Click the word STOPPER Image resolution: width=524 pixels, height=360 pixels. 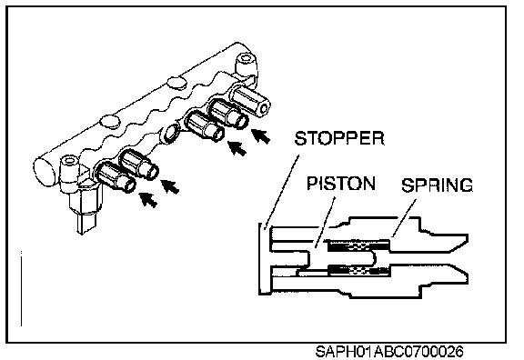click(x=339, y=138)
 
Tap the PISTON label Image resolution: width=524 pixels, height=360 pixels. click(x=341, y=184)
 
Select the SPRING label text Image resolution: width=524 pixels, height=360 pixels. click(x=437, y=185)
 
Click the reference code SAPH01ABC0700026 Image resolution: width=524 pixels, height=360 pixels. click(x=389, y=352)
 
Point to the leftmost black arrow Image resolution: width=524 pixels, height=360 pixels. click(x=148, y=200)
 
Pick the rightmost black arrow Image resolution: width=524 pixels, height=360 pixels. click(x=261, y=136)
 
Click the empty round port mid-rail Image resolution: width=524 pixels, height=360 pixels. click(x=170, y=132)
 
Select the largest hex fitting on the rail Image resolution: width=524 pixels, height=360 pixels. click(x=250, y=101)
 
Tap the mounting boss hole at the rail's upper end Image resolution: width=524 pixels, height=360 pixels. click(x=247, y=59)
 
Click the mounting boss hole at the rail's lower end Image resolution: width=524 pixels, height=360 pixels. click(x=69, y=161)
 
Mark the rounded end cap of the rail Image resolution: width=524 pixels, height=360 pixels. click(x=44, y=170)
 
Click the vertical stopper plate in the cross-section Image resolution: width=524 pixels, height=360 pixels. click(x=265, y=259)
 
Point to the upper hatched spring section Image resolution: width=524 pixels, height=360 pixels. click(x=359, y=245)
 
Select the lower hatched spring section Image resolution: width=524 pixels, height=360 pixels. click(x=359, y=270)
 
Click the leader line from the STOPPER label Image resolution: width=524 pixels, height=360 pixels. click(x=281, y=192)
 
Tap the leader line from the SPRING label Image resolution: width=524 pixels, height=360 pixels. click(x=404, y=218)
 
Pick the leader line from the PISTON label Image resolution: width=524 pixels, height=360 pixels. click(x=325, y=222)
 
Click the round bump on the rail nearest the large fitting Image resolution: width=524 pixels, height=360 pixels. click(x=177, y=82)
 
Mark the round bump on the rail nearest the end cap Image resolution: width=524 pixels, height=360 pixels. click(x=110, y=121)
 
